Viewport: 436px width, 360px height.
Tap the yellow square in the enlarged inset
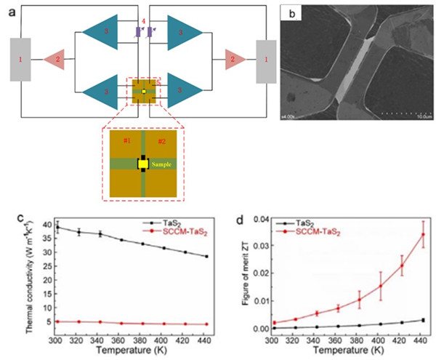143,164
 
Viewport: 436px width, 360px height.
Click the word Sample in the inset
163,164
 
